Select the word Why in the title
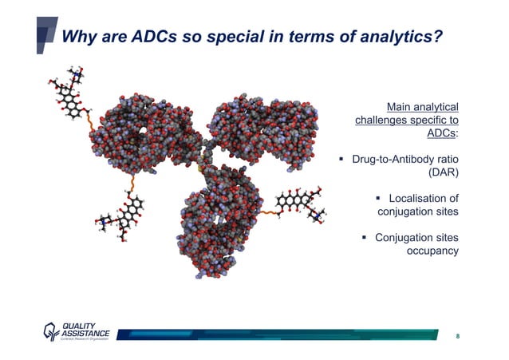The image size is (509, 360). (80, 37)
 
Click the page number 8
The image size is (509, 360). (457, 336)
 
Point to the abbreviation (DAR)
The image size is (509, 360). (444, 171)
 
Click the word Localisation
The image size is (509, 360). (423, 198)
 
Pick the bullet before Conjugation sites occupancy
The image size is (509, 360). (364, 238)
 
